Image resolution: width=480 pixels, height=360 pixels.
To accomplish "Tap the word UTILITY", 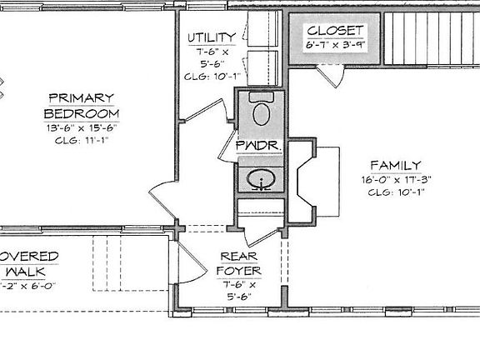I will [x=212, y=37].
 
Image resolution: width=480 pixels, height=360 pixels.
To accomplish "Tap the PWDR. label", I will [x=261, y=144].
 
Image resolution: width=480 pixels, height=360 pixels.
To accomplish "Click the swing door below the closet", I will [x=332, y=77].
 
